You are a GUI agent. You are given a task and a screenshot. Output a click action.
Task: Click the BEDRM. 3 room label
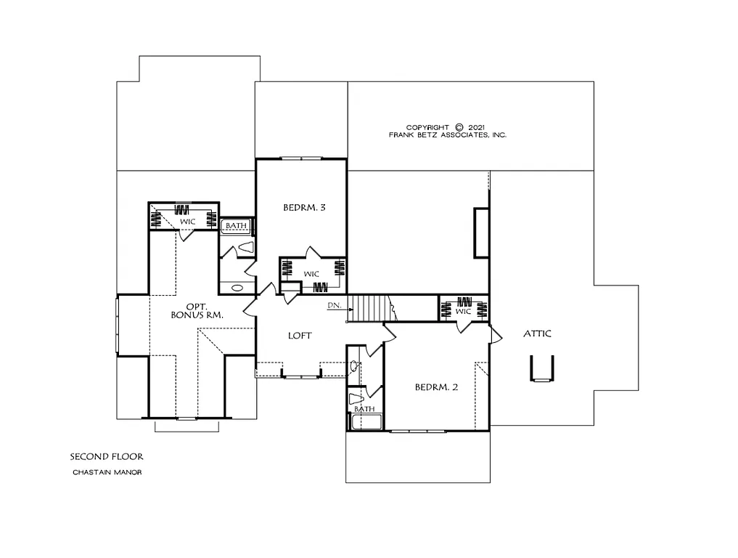[x=303, y=208]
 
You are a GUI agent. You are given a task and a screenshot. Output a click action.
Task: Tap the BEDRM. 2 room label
[x=436, y=387]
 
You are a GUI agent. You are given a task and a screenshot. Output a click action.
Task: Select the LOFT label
[x=300, y=336]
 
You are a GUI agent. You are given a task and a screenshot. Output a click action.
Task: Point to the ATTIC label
[x=537, y=333]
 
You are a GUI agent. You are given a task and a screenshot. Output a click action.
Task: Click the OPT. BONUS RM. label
[x=196, y=311]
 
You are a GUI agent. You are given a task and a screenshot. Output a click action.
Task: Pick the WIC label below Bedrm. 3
[x=311, y=274]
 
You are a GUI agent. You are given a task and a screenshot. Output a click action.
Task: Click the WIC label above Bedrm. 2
[x=464, y=311]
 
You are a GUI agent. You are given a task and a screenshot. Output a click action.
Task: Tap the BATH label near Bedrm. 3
[x=236, y=226]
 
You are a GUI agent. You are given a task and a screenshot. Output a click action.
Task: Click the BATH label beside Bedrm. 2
[x=365, y=409]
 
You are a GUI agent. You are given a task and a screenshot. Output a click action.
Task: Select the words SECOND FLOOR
[x=107, y=457]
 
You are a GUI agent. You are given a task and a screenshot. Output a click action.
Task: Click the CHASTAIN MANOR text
[x=107, y=472]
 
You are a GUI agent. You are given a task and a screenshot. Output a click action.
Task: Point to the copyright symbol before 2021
[x=459, y=126]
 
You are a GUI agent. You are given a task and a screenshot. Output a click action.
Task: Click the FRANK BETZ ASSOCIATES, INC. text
[x=448, y=135]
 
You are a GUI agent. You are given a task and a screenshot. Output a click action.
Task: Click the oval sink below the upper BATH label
[x=237, y=288]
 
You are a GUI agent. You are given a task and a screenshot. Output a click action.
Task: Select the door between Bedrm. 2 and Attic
[x=496, y=335]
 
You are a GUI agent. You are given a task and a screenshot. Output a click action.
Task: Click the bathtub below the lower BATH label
[x=365, y=421]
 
